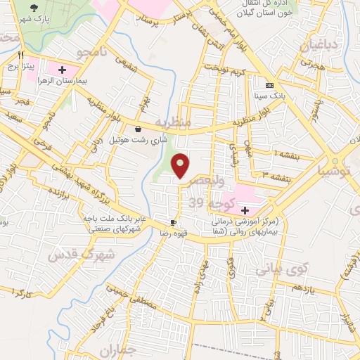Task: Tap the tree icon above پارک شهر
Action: pyautogui.click(x=33, y=8)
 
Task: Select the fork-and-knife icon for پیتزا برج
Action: pyautogui.click(x=22, y=55)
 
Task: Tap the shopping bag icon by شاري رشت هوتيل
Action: pyautogui.click(x=137, y=129)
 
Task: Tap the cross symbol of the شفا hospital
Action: pyautogui.click(x=245, y=210)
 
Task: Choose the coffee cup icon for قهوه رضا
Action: pyautogui.click(x=173, y=221)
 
